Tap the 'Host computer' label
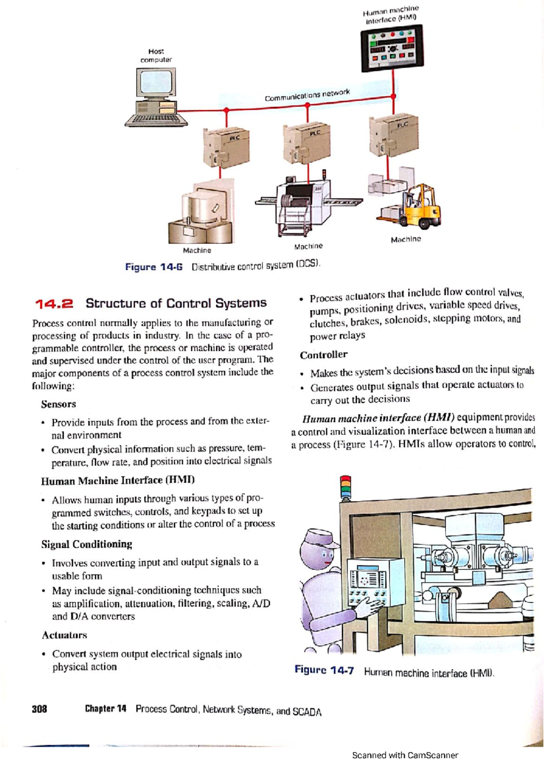tap(156, 56)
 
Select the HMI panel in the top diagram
tap(392, 48)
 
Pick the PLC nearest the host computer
tap(226, 148)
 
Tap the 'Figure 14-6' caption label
tap(154, 267)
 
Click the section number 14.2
tap(54, 304)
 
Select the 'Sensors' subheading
tap(58, 404)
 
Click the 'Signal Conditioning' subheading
tap(87, 544)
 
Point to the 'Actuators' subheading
tap(64, 635)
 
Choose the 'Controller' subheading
tap(323, 355)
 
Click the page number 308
tap(39, 709)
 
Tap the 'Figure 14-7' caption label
tap(324, 670)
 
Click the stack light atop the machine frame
tap(345, 487)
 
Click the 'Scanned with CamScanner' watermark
tap(405, 755)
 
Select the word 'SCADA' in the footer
tap(307, 712)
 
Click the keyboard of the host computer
tap(155, 120)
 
